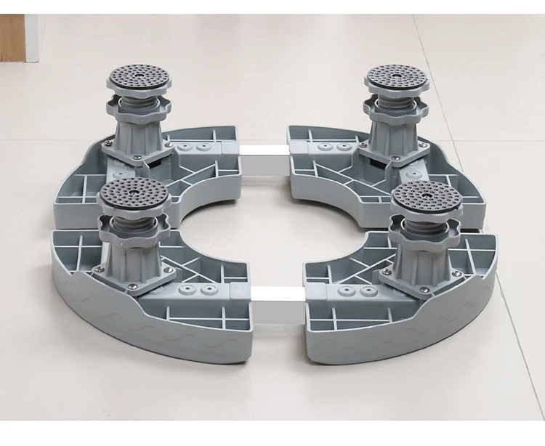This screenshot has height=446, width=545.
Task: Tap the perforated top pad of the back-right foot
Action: [x=396, y=76]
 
